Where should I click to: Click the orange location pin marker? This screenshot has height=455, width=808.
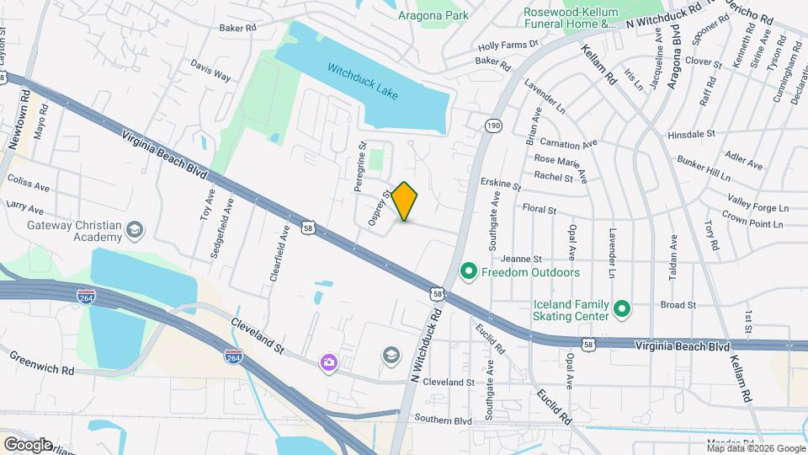coord(405,201)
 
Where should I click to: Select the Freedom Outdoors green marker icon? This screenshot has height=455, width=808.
coord(468,272)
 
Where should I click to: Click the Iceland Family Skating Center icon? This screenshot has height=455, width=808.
coord(622,310)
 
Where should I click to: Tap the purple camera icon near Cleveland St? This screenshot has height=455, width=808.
coord(328,362)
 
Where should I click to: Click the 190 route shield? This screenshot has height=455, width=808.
coord(492,126)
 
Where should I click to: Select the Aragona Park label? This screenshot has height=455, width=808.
coord(433,13)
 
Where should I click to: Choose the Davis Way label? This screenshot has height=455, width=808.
coord(210,74)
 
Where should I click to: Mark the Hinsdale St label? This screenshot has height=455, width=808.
coord(690,134)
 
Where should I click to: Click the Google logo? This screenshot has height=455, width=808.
coord(27,444)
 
